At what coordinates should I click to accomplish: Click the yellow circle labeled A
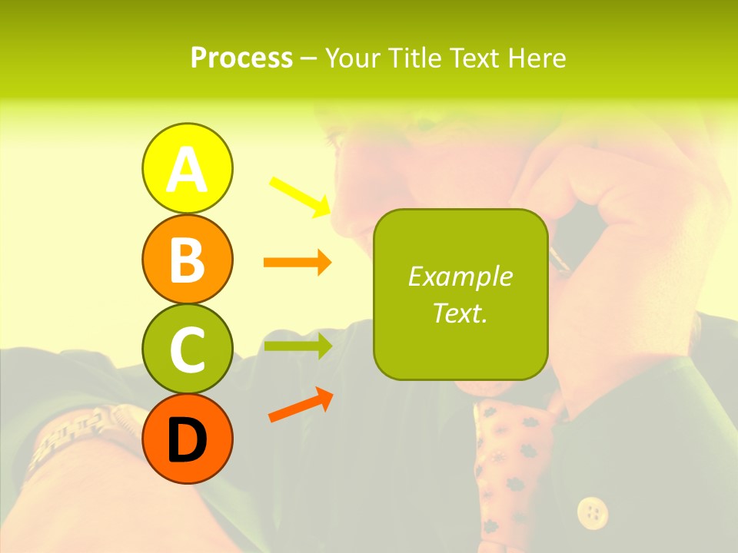coord(187,168)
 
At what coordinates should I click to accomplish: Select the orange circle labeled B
coord(187,259)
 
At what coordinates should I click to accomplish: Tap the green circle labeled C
coord(187,349)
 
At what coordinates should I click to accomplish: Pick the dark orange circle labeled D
coord(187,439)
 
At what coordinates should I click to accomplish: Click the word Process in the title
coord(241,58)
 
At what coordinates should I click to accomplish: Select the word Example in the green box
coord(460,276)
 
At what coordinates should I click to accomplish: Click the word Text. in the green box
coord(460,313)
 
